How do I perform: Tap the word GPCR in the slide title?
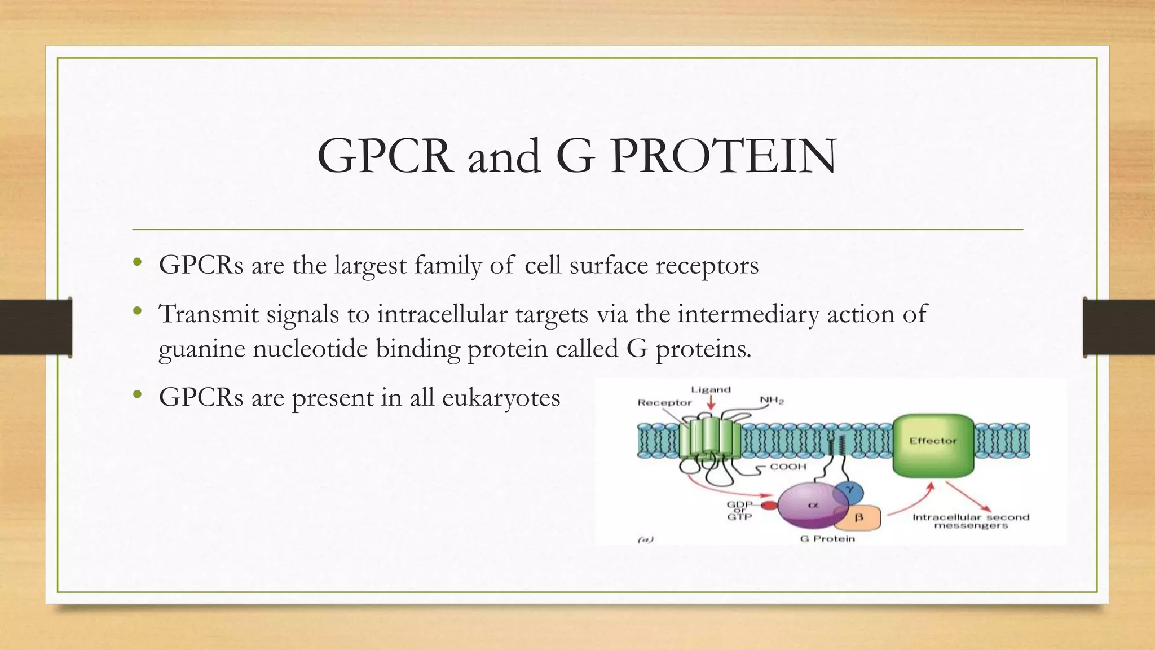[x=385, y=156]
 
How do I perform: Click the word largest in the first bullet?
[x=370, y=265]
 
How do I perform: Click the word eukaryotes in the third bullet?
[x=501, y=398]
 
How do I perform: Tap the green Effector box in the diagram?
[x=933, y=445]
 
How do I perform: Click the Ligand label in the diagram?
[x=711, y=389]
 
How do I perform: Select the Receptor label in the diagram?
[x=664, y=402]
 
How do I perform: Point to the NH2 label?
[x=772, y=401]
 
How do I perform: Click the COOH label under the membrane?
[x=788, y=467]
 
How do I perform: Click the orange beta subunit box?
[x=860, y=517]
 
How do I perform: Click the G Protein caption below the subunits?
[x=827, y=539]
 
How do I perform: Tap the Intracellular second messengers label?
[x=971, y=521]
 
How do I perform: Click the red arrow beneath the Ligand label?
[x=711, y=403]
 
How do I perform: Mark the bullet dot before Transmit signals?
[x=137, y=311]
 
